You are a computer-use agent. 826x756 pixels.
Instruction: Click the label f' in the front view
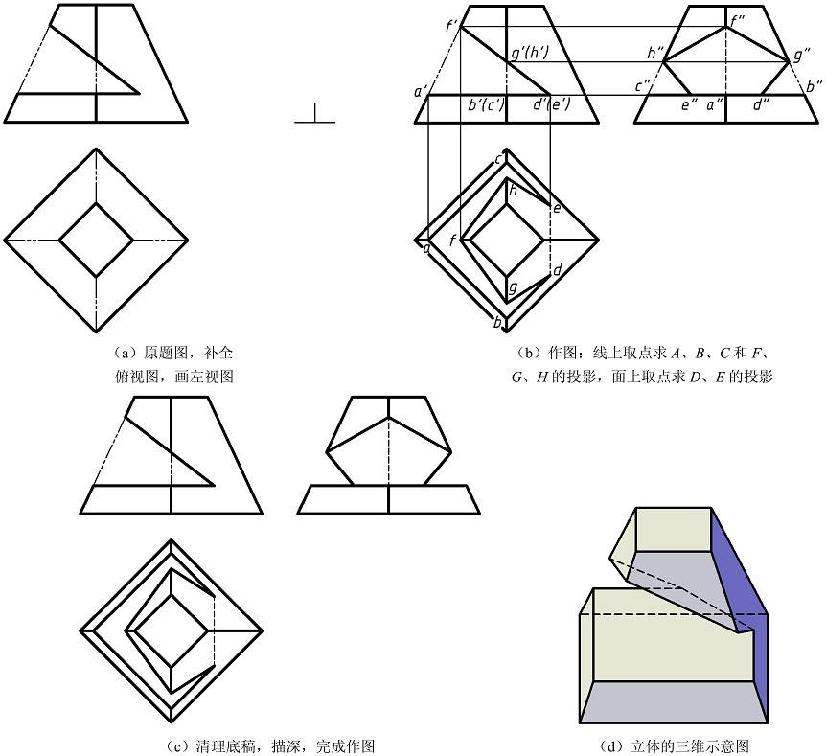(x=451, y=26)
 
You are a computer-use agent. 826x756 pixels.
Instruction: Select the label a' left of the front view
(x=420, y=92)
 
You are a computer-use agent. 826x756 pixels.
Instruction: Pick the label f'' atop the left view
(x=736, y=17)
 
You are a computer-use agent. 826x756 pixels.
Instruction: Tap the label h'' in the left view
(x=656, y=54)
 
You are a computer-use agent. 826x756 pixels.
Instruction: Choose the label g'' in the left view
(x=802, y=56)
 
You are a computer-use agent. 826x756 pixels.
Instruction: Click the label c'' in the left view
(x=643, y=87)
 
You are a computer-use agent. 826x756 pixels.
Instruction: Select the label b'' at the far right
(x=814, y=87)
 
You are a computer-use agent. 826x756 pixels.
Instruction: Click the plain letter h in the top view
(x=513, y=191)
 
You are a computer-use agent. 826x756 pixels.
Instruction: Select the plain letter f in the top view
(x=453, y=240)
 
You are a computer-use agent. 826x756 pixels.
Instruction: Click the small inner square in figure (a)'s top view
(x=96, y=241)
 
